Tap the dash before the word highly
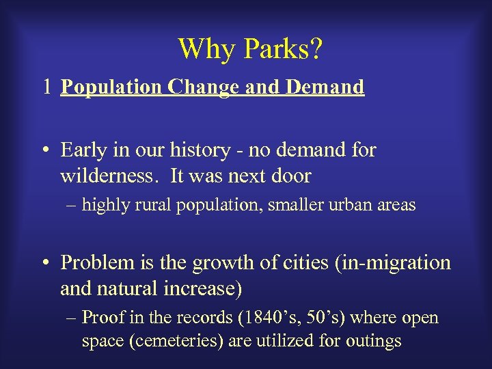(72, 205)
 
